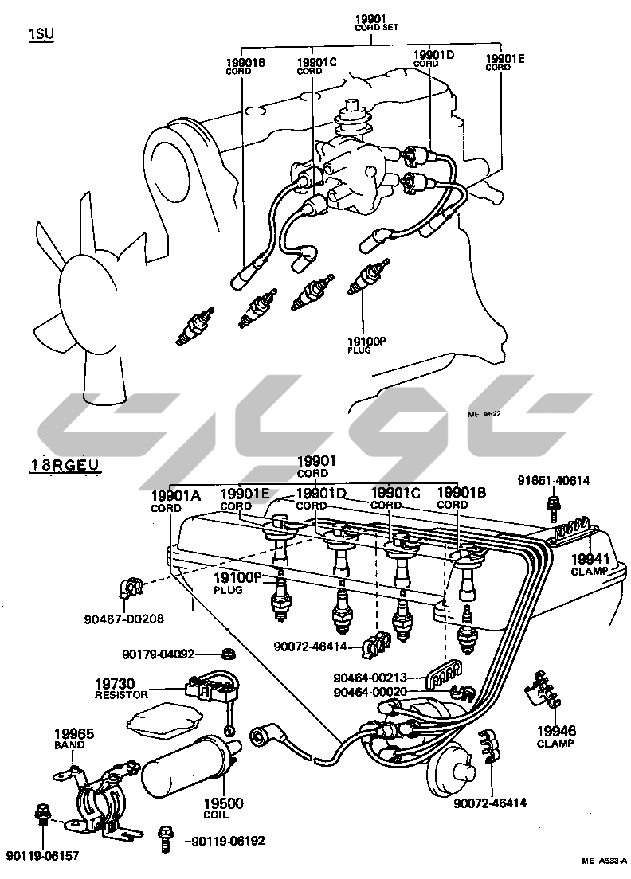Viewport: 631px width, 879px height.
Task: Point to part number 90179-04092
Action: (159, 654)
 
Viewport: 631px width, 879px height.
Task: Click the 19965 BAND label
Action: (73, 737)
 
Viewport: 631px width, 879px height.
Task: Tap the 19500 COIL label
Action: (224, 808)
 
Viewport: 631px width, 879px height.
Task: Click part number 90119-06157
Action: (44, 856)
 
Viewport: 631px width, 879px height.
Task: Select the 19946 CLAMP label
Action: (555, 736)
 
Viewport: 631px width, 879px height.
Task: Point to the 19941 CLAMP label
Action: (590, 565)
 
